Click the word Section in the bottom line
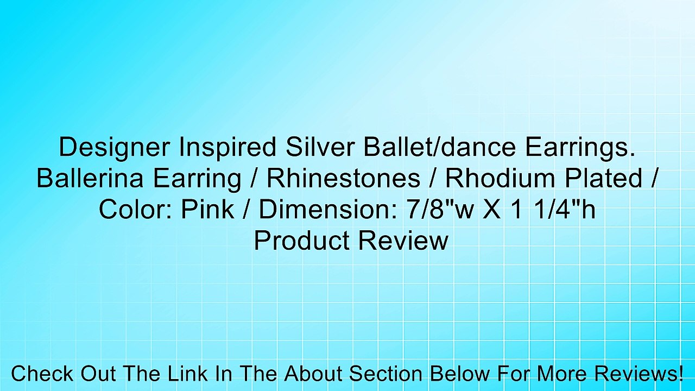(384, 374)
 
